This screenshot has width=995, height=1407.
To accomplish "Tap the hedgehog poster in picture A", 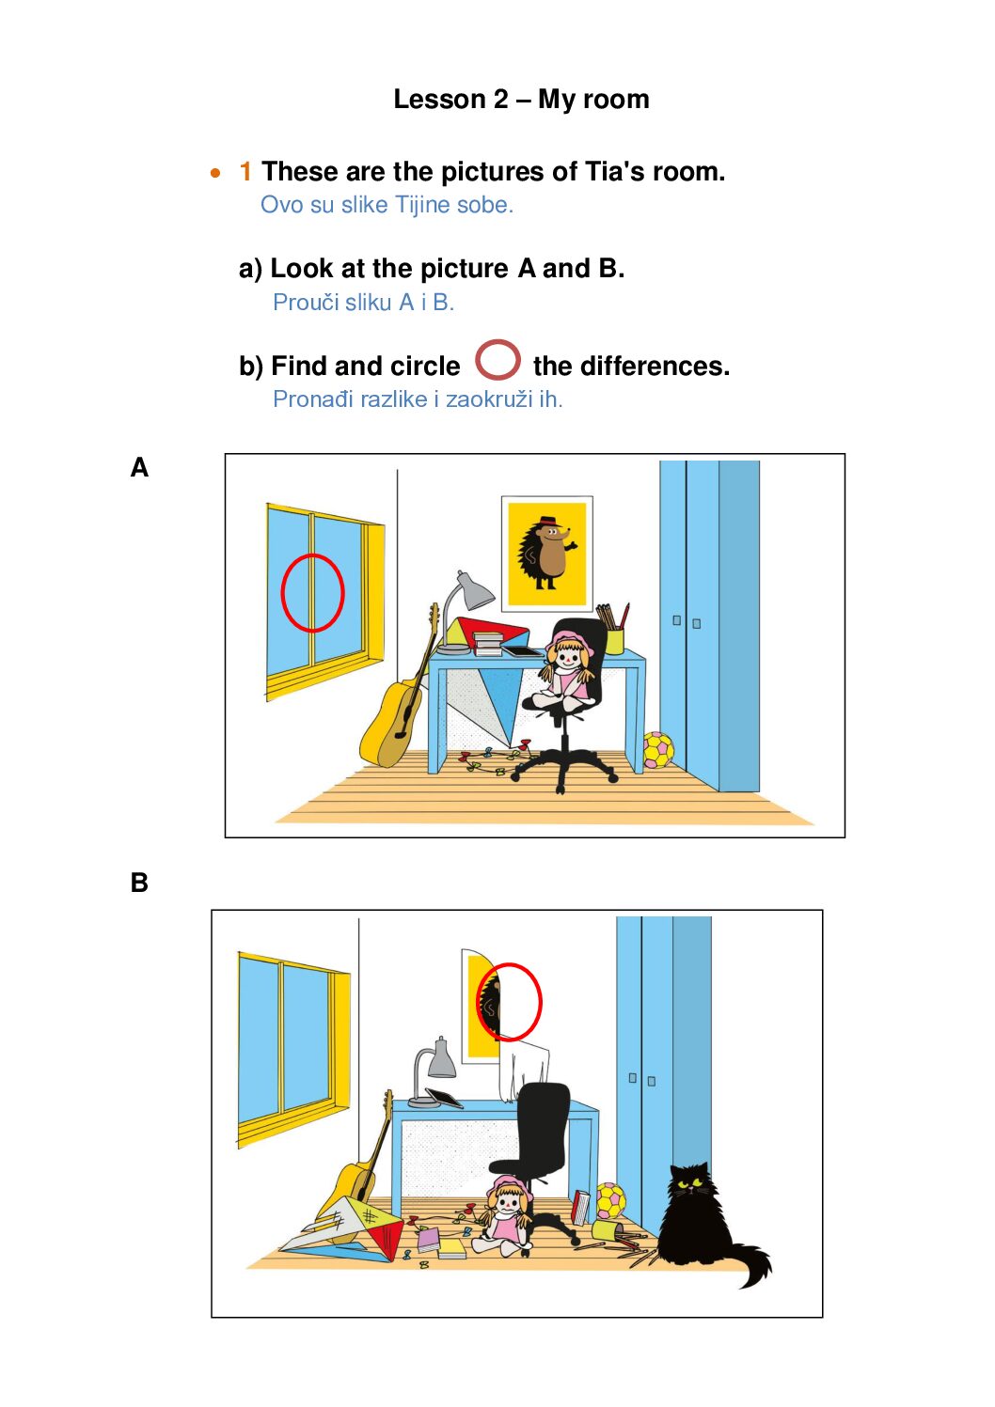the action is [546, 554].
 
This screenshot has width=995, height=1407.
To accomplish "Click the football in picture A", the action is [657, 750].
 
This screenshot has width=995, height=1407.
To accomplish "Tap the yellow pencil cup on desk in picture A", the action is [615, 640].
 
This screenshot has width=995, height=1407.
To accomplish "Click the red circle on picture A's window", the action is [312, 592].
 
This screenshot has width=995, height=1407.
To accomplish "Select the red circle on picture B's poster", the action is [509, 1002].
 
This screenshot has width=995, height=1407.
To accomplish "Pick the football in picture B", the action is [610, 1200].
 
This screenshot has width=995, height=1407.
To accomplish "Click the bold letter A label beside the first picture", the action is [139, 467].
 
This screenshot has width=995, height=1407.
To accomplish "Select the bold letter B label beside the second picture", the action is [139, 883].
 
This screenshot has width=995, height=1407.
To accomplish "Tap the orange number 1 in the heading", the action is [245, 171].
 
